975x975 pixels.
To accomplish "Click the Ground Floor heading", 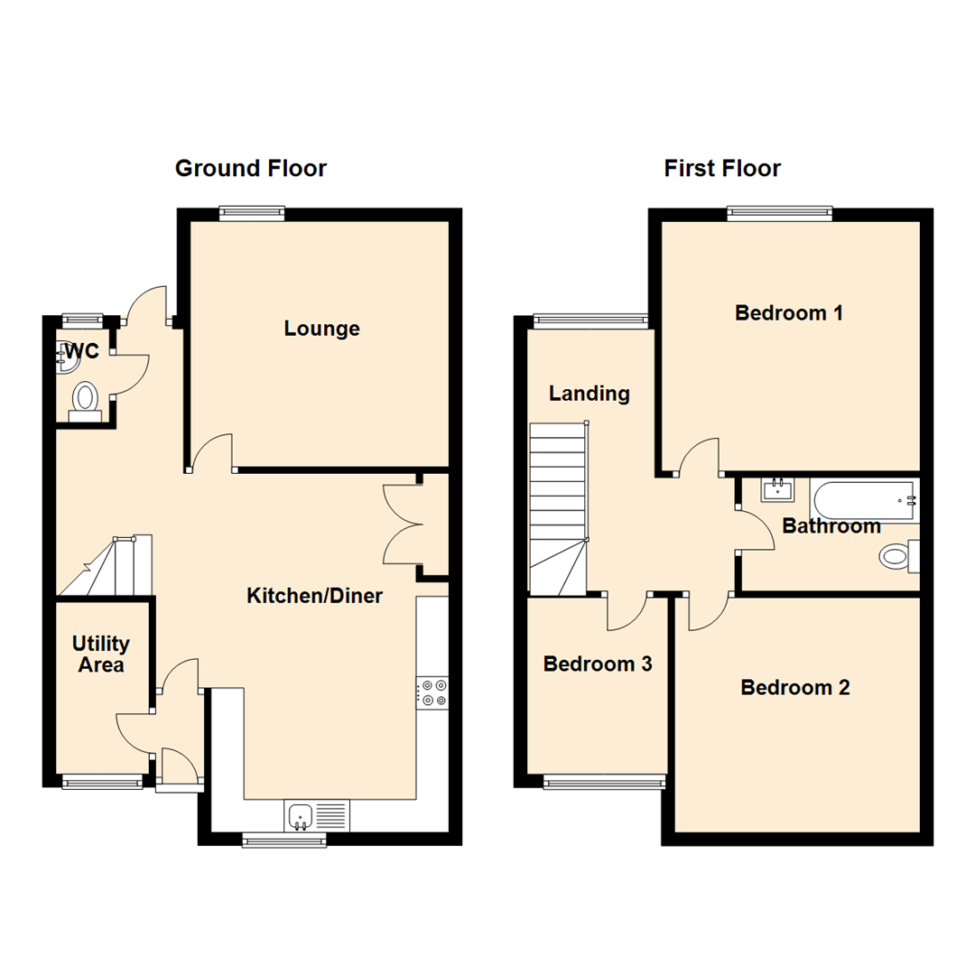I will (x=250, y=168).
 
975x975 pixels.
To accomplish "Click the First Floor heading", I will (x=722, y=168).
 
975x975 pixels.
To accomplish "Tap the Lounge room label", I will (x=321, y=329).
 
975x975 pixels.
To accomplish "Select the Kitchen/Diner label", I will (x=315, y=596).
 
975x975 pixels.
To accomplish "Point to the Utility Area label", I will (x=101, y=655).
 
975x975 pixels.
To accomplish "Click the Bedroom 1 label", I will (x=789, y=313).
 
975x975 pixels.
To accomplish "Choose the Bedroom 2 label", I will (x=795, y=688).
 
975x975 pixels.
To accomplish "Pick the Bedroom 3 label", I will (x=598, y=664).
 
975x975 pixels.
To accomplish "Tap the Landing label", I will (x=590, y=394).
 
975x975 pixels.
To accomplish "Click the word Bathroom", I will (x=831, y=526).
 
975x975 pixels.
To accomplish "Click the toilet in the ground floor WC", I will (x=85, y=400).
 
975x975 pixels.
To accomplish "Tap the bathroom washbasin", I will (x=777, y=491).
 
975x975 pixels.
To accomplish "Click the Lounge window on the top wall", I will (x=252, y=214).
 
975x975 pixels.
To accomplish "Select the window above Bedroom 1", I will (x=779, y=214).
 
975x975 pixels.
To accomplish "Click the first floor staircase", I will (x=557, y=510).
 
